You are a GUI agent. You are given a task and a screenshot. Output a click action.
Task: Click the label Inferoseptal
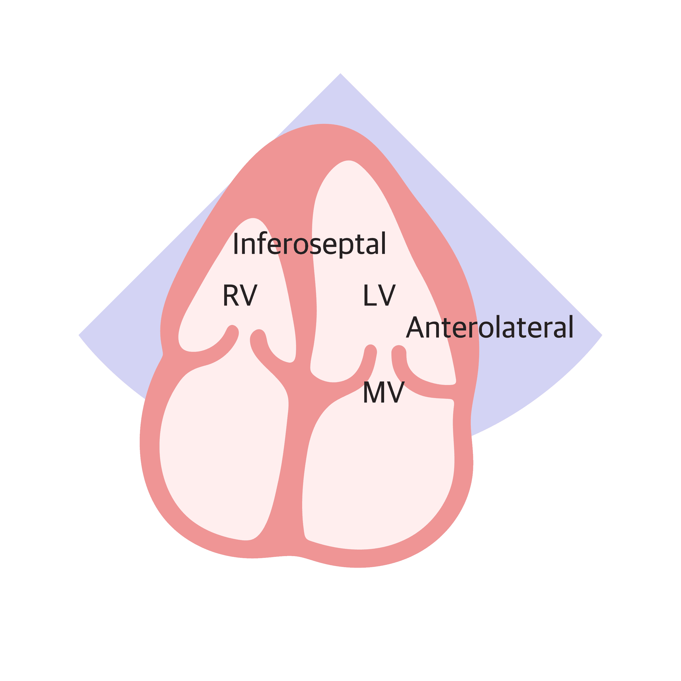tap(309, 244)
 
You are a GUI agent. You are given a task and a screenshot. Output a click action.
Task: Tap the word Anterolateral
tap(489, 327)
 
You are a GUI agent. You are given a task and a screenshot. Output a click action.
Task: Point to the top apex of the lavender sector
tap(340, 74)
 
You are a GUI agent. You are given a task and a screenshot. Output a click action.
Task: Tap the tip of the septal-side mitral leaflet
tap(370, 350)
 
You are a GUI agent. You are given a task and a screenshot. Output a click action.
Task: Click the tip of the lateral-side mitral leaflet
tap(398, 351)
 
